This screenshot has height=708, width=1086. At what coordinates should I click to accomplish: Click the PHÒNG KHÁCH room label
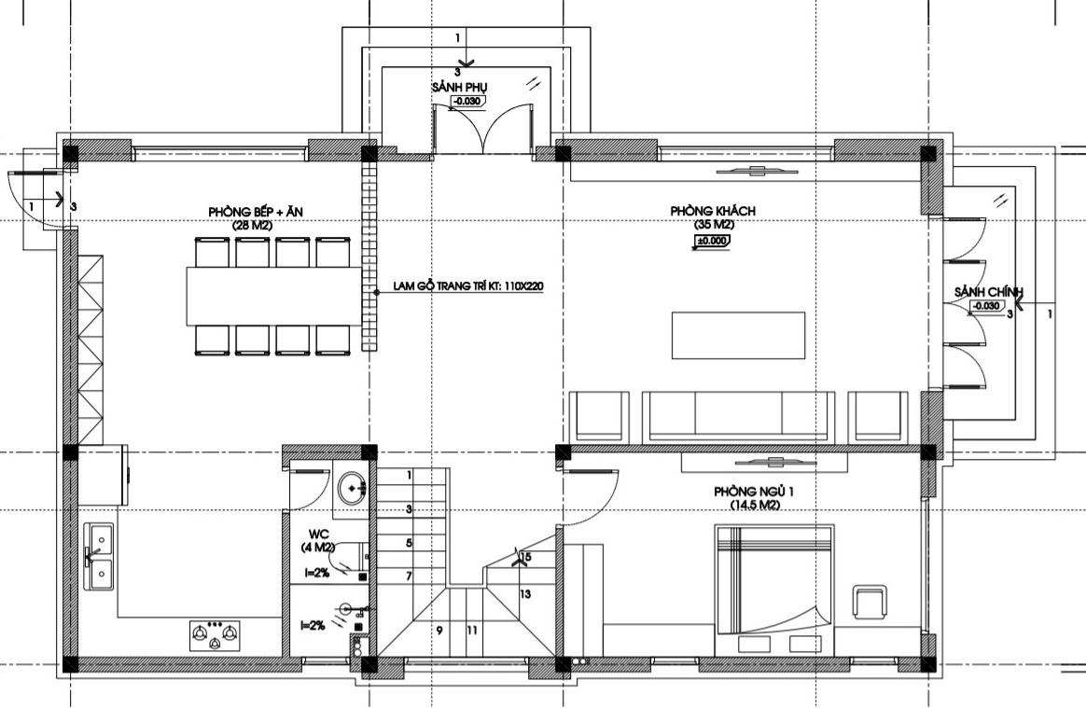tap(713, 211)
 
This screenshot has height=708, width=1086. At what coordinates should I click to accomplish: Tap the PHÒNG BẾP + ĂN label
tap(256, 212)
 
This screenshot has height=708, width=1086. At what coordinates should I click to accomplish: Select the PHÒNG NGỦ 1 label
tap(754, 492)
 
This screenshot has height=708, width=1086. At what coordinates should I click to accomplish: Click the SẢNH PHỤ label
tap(460, 88)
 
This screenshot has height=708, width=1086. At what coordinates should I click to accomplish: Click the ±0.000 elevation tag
tap(712, 241)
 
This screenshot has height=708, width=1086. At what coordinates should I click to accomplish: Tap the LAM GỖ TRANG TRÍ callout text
tap(467, 286)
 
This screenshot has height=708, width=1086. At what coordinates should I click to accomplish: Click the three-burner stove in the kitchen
tap(215, 635)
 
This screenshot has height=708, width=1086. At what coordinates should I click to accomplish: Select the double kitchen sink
tap(99, 556)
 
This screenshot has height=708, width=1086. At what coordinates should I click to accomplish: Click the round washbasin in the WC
tap(354, 489)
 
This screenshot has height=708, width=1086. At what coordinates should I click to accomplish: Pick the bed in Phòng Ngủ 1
tap(773, 590)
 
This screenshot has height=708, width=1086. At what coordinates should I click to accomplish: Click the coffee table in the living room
tap(738, 335)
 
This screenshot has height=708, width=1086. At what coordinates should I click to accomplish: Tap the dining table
tap(274, 296)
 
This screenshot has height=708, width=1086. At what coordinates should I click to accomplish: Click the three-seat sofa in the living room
tap(738, 416)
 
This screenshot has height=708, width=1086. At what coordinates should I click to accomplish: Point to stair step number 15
tap(525, 557)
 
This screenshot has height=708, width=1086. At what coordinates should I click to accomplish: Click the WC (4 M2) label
tap(319, 541)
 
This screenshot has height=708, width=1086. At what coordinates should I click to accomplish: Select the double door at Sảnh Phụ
tap(483, 128)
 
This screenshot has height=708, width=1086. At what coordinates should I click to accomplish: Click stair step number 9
tap(439, 631)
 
